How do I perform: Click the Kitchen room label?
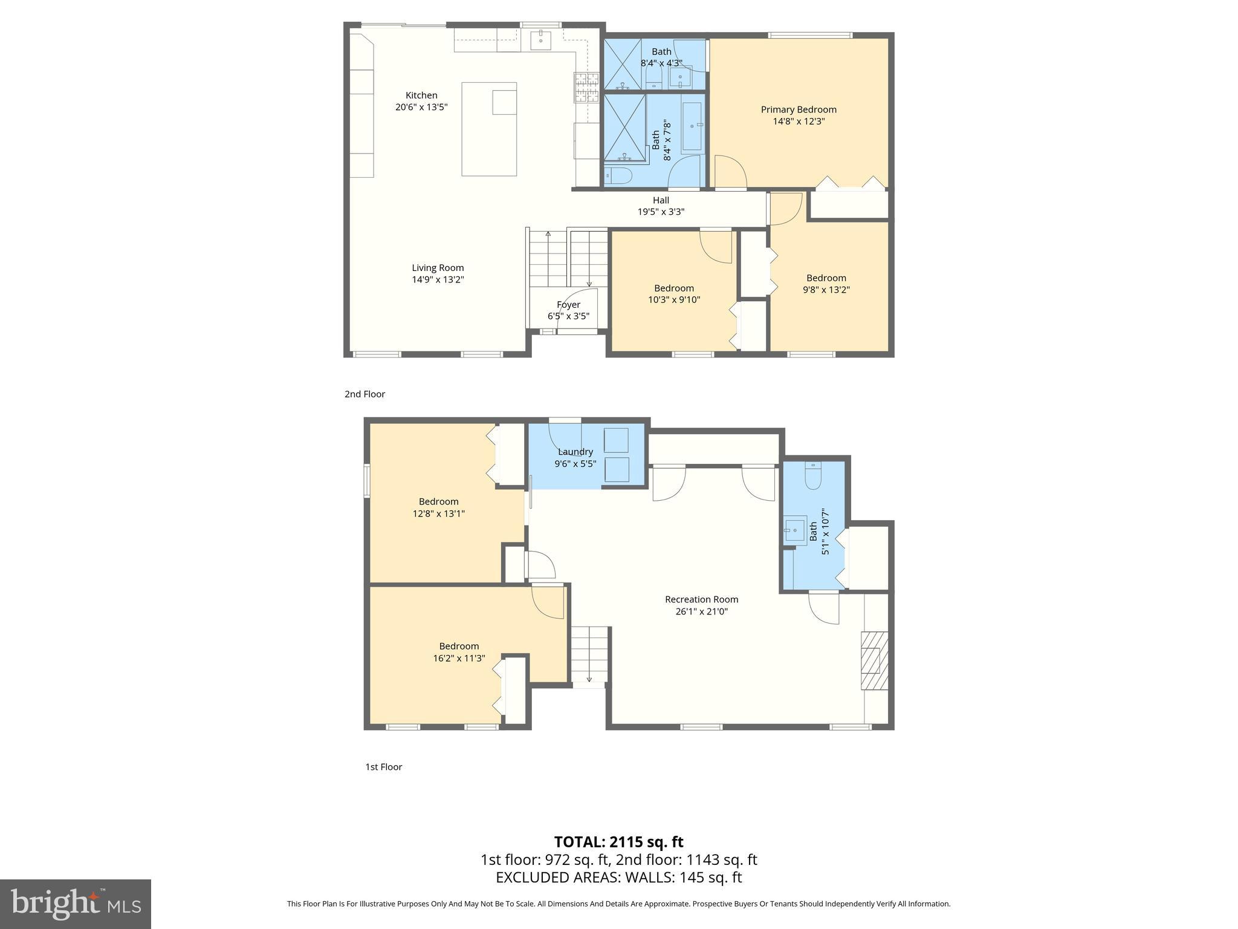421,95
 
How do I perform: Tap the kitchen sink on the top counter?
541,41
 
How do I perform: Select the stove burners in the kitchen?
586,86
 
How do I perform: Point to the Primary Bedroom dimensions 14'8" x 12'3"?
799,121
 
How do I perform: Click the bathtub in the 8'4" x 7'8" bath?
692,126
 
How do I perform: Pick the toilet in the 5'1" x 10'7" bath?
813,477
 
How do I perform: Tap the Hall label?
661,200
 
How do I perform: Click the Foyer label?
568,305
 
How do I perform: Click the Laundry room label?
575,452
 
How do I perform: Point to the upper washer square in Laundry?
617,440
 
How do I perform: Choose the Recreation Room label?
701,599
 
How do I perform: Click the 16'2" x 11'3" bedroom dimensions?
459,658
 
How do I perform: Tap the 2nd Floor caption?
365,394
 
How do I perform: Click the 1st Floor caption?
383,767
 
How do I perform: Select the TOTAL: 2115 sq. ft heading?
618,842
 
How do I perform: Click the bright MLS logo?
76,904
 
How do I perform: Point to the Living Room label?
438,268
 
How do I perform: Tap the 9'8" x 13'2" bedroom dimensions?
826,290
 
